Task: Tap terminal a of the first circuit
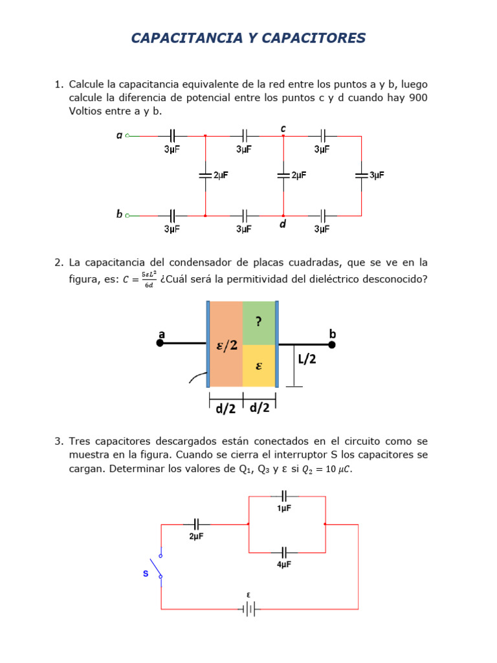pyautogui.click(x=127, y=136)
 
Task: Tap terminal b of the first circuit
pyautogui.click(x=127, y=215)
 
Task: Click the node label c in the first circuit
pyautogui.click(x=283, y=129)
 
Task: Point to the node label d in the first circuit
pyautogui.click(x=283, y=224)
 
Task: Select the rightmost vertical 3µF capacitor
pyautogui.click(x=361, y=175)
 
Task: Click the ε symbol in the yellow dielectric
pyautogui.click(x=259, y=366)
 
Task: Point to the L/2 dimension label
pyautogui.click(x=307, y=359)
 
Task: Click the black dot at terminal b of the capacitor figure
pyautogui.click(x=332, y=344)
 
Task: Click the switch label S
pyautogui.click(x=146, y=574)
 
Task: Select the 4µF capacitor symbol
pyautogui.click(x=284, y=552)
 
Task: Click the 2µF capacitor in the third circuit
pyautogui.click(x=197, y=524)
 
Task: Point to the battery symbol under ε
pyautogui.click(x=248, y=609)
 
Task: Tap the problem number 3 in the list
pyautogui.click(x=58, y=442)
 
